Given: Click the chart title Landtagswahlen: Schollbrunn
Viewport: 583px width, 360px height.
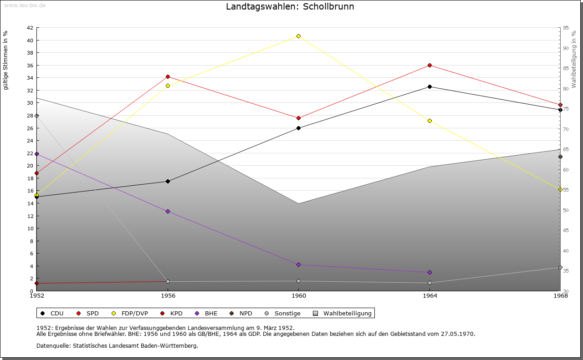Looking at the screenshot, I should (290, 7).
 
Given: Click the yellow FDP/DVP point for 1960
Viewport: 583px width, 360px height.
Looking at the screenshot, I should (298, 36).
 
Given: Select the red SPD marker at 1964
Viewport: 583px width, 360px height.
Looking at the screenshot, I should (430, 66).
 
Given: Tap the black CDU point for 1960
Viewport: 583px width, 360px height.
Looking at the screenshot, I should (298, 128).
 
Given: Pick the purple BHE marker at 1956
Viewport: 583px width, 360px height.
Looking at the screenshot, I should (168, 211).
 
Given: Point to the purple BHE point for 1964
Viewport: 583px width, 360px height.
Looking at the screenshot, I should (430, 272).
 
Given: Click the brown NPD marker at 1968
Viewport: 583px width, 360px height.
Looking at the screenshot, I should (560, 157).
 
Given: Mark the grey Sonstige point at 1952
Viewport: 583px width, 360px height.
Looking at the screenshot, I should (37, 116).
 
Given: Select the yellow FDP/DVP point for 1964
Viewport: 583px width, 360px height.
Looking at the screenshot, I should (430, 121).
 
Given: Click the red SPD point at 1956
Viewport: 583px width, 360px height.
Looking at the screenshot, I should (168, 76).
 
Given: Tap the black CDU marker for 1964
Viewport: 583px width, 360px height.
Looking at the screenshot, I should (430, 86).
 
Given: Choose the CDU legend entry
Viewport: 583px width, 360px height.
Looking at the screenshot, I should (52, 313).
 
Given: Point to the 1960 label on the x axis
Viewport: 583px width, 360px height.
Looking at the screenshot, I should (298, 296).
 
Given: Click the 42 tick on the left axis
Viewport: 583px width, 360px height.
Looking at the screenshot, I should (30, 28).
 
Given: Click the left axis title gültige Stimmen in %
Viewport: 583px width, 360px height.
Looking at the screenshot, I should (6, 61).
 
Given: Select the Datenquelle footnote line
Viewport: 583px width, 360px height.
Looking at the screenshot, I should (117, 346).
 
